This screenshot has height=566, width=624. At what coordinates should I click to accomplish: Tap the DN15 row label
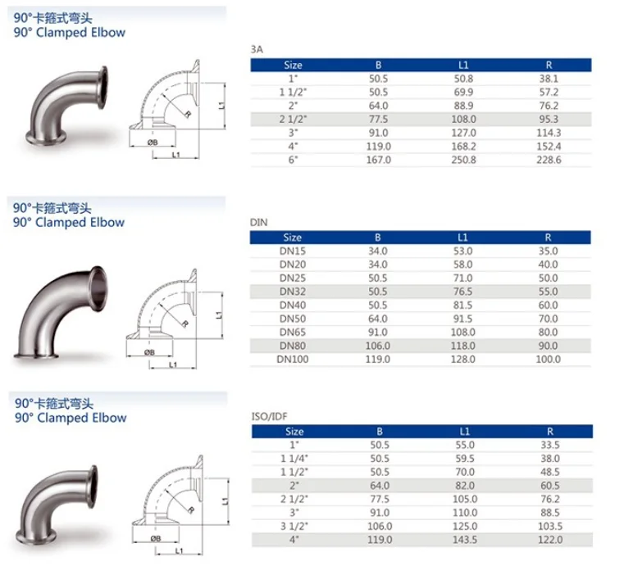(293, 251)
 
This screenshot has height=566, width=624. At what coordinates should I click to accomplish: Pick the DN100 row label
(293, 359)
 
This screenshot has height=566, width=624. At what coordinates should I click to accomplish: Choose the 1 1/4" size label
(293, 459)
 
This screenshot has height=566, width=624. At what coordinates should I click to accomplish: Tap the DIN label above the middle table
(258, 222)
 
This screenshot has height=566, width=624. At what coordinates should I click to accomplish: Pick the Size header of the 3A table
(293, 65)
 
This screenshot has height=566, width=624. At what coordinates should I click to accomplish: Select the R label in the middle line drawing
(186, 324)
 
